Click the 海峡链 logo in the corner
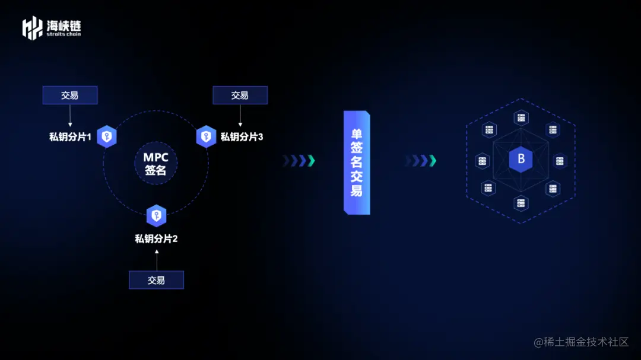(52, 28)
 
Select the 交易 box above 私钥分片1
(70, 95)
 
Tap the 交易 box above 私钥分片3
(240, 95)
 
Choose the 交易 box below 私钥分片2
(156, 280)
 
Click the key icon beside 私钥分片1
(107, 136)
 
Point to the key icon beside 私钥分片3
(206, 136)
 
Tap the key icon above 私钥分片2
(156, 215)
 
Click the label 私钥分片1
(70, 137)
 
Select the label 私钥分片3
(242, 137)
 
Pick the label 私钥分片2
(156, 239)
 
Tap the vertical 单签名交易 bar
(356, 161)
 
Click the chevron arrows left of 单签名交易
(298, 161)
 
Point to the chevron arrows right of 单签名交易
(421, 161)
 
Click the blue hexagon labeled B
(521, 160)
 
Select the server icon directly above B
(521, 118)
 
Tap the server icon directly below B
(521, 203)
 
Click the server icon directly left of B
(482, 161)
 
